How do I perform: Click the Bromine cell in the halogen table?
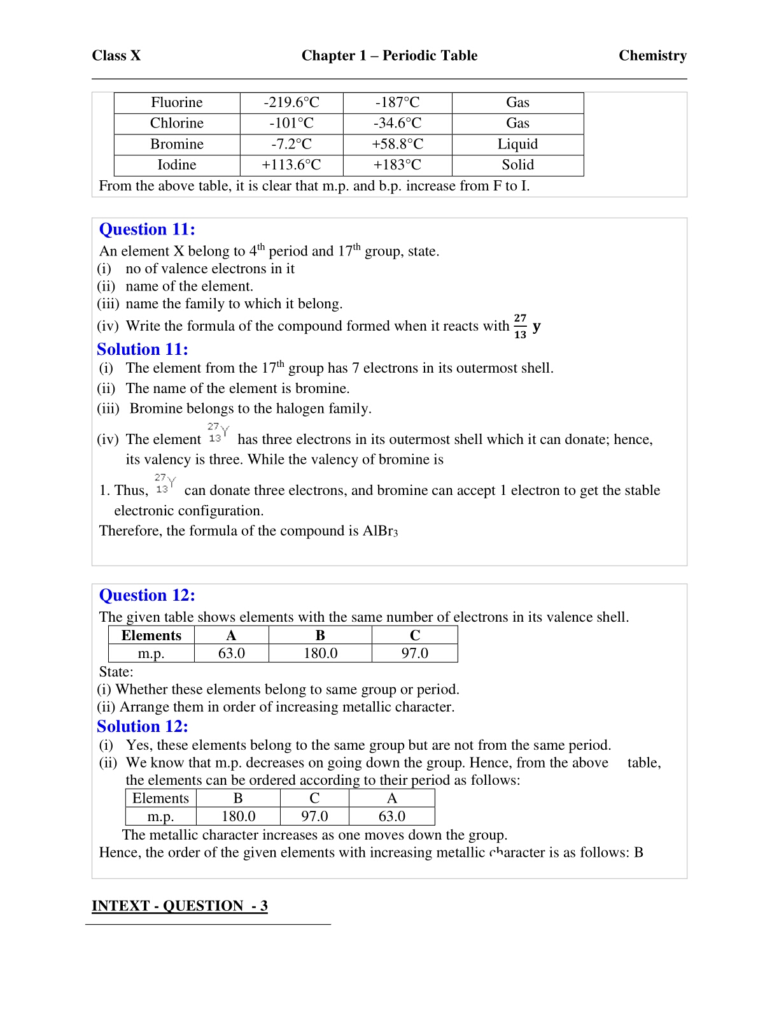coord(177,144)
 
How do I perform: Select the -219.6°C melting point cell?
coord(291,103)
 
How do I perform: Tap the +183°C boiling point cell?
coord(397,165)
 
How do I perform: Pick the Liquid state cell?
coord(517,144)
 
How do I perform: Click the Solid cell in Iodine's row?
coord(517,165)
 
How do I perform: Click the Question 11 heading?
coord(147,229)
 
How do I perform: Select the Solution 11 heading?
coord(143,349)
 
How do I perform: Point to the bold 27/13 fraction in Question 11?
coord(520,326)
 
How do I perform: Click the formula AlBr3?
coord(380,531)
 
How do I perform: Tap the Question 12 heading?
coord(147,595)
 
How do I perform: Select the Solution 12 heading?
coord(143,726)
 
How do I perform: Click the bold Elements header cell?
coord(151,635)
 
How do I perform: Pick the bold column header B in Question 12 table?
coord(320,635)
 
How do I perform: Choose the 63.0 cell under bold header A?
coord(231,653)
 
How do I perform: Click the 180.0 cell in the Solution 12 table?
coord(238,816)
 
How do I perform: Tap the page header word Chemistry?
coord(652,55)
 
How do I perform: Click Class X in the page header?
coord(116,55)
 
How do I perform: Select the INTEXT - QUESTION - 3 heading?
coord(179,906)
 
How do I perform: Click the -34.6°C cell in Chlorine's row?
coord(397,123)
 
